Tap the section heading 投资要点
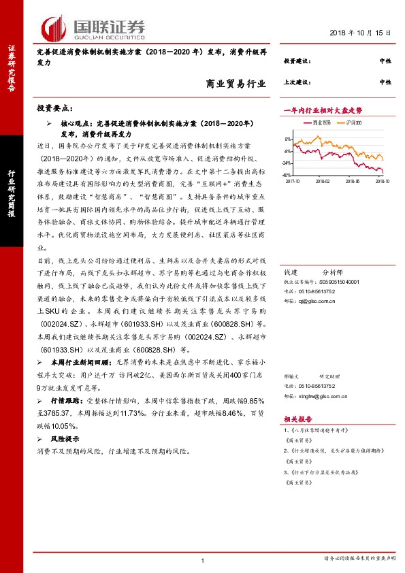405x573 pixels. [x=59, y=108]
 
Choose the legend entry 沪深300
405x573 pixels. [x=351, y=123]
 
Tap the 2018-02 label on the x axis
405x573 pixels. [x=322, y=182]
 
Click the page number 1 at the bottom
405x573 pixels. [x=203, y=559]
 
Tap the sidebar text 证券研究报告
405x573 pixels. [x=11, y=68]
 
